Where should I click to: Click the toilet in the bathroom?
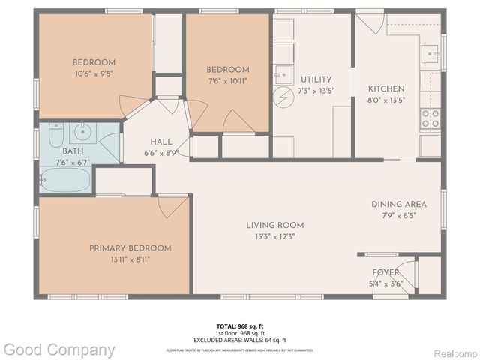point(56,135)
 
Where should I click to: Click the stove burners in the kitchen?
point(430,118)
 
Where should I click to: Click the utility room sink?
point(283,73)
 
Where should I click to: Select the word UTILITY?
point(316,79)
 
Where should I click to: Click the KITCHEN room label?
point(386,88)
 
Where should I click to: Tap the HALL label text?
point(161,142)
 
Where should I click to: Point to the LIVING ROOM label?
point(275,225)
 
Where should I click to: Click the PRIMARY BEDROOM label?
point(130,248)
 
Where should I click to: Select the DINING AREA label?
point(398,204)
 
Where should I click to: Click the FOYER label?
point(386,272)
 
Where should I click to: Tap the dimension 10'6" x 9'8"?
point(93,73)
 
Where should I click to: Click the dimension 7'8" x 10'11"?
point(227,80)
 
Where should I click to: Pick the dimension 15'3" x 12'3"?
point(275,237)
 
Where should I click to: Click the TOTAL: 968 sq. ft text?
point(239,326)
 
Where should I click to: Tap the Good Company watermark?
point(58,349)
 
